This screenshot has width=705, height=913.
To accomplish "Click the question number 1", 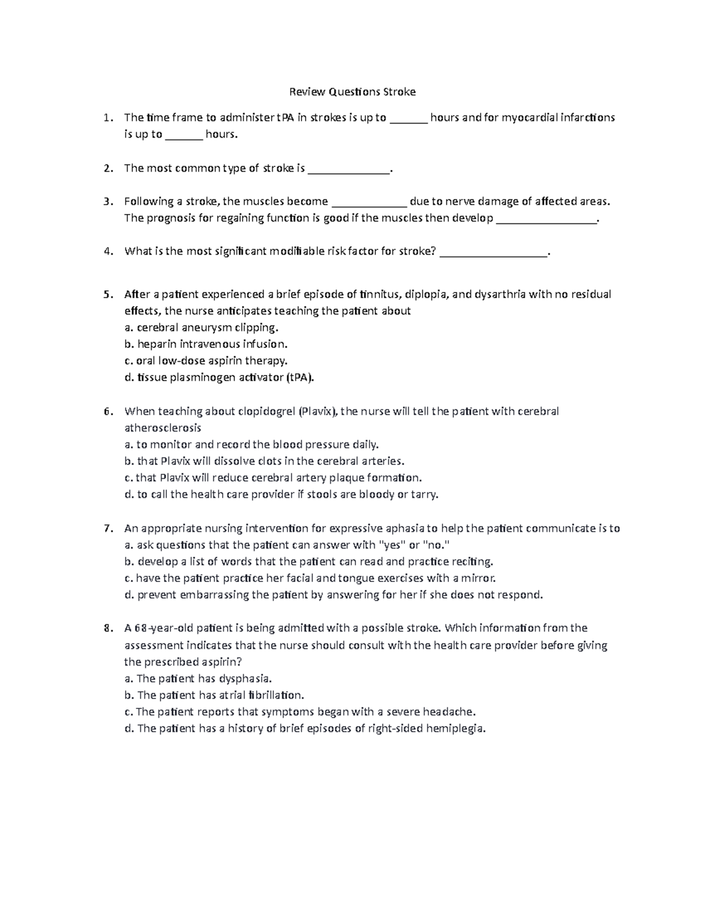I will click(106, 118).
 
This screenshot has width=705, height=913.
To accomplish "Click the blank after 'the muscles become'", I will click(369, 202).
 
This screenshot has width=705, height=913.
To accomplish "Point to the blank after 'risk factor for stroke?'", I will click(493, 253).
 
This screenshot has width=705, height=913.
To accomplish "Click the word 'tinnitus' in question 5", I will click(381, 294).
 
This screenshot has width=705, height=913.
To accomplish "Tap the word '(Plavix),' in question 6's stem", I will click(318, 411).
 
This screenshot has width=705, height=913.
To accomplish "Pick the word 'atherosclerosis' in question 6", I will click(163, 427).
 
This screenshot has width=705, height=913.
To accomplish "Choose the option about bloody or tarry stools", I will click(281, 494).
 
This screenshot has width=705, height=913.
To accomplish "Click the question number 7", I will click(106, 529).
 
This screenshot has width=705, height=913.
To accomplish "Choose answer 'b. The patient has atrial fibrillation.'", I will click(214, 695).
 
